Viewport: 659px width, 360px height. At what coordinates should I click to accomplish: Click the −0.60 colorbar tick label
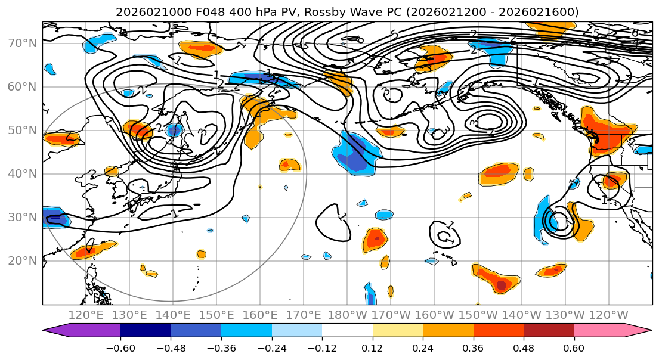[x=120, y=347]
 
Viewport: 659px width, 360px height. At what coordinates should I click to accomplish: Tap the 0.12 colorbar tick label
[x=373, y=347]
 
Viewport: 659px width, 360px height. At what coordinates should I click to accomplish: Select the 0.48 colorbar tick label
[x=524, y=347]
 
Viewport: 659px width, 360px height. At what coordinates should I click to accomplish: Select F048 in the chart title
[x=188, y=12]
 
